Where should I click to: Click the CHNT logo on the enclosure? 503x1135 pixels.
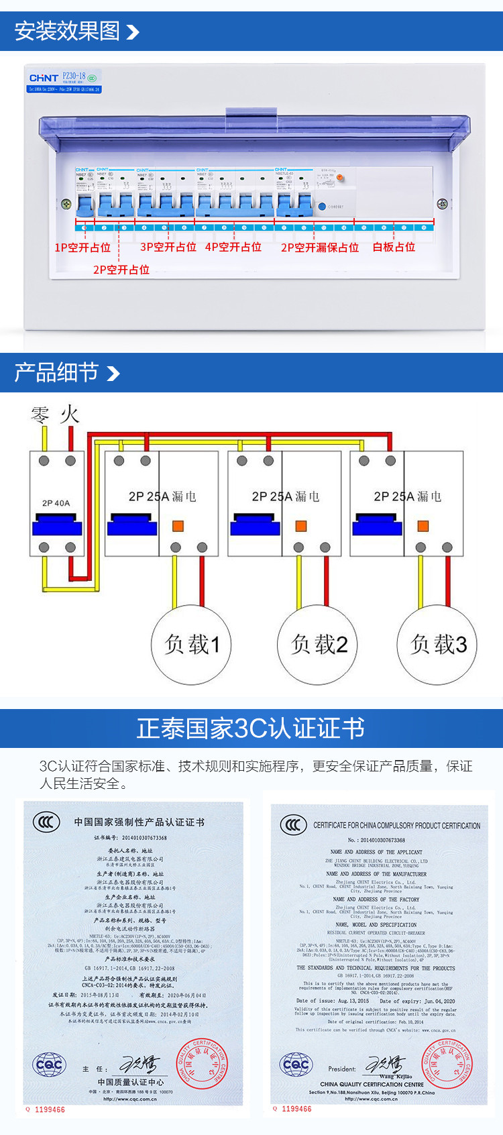pyautogui.click(x=44, y=78)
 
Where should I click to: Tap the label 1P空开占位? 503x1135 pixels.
pyautogui.click(x=82, y=248)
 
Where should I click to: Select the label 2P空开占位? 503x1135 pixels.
pyautogui.click(x=121, y=270)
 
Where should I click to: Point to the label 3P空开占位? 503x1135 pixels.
pyautogui.click(x=168, y=247)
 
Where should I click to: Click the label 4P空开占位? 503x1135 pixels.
pyautogui.click(x=233, y=247)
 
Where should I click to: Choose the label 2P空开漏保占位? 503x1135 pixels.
pyautogui.click(x=320, y=248)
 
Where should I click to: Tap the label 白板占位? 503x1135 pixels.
pyautogui.click(x=394, y=247)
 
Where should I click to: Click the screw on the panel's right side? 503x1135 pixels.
pyautogui.click(x=442, y=203)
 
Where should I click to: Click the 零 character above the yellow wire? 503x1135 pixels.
pyautogui.click(x=41, y=414)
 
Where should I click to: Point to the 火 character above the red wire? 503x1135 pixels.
pyautogui.click(x=69, y=414)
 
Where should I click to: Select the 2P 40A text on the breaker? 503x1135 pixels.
pyautogui.click(x=56, y=503)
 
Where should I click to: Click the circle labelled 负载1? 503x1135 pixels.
pyautogui.click(x=192, y=645)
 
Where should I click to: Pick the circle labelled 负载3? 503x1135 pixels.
pyautogui.click(x=439, y=645)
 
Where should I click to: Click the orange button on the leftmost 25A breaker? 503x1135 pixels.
pyautogui.click(x=178, y=526)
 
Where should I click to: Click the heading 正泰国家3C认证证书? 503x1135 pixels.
pyautogui.click(x=251, y=728)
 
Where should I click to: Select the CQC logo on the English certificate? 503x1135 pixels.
pyautogui.click(x=296, y=1065)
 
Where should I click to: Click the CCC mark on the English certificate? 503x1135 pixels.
pyautogui.click(x=293, y=824)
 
